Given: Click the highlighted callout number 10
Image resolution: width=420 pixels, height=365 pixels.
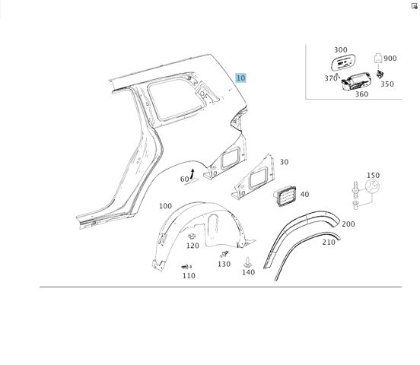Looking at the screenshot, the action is coord(240,78).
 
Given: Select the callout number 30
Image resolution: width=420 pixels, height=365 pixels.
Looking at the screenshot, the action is coord(284,162).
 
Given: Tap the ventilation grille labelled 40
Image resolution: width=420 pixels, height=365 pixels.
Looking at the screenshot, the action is coord(285,196).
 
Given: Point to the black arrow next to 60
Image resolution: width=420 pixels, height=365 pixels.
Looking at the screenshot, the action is coord(192,174).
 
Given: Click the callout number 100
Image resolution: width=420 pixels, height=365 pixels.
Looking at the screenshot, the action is coord(165,206).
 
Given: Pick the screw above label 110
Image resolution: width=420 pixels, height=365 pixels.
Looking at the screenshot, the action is coord(186,267).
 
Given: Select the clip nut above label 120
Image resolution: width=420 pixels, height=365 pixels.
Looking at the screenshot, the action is coord(192,236).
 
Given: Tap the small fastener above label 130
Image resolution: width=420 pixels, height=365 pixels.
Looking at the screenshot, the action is coord(224,254).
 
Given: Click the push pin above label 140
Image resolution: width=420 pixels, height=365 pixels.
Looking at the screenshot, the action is coord(247,262).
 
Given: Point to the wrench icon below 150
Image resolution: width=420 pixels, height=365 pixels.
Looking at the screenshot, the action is coord(372,186).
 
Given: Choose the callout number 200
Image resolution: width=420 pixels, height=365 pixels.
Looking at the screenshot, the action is coord(348,224).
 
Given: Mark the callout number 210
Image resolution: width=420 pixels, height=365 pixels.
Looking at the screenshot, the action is coord(329,242).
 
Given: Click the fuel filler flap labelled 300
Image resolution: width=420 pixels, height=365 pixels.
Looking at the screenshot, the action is coord(343,62).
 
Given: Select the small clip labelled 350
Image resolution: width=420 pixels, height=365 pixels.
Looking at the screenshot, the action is coord(379,75).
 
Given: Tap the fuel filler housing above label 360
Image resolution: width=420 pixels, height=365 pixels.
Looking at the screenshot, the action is coord(356,81).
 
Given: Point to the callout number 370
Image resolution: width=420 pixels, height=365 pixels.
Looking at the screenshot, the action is coord(330,78).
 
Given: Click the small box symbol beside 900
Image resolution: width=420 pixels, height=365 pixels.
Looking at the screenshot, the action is coord(377,58).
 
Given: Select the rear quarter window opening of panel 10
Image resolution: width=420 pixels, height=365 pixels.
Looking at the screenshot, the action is coord(176,100).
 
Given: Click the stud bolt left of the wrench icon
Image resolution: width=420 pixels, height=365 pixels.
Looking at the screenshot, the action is coord(355,189).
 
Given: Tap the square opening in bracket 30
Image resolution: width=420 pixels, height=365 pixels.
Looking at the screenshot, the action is coord(259,179).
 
